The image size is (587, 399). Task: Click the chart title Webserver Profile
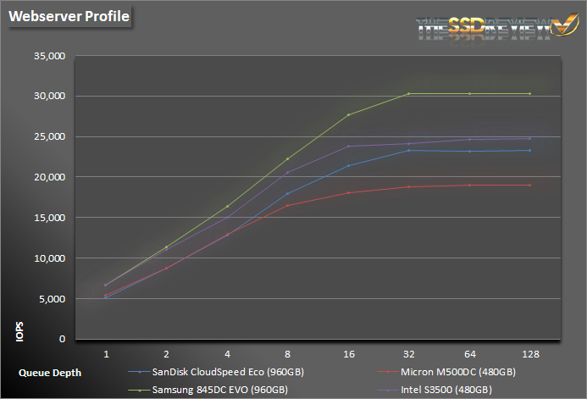(69, 17)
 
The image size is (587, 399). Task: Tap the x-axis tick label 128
(529, 352)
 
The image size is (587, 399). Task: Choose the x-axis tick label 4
(227, 352)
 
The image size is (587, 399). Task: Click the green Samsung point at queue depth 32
(408, 93)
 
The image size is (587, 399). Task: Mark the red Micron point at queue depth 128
(529, 185)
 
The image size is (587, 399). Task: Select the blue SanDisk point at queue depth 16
(348, 165)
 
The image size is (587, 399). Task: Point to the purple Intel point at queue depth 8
(287, 173)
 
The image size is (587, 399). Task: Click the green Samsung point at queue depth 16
(348, 114)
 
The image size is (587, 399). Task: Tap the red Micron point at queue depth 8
(287, 205)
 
